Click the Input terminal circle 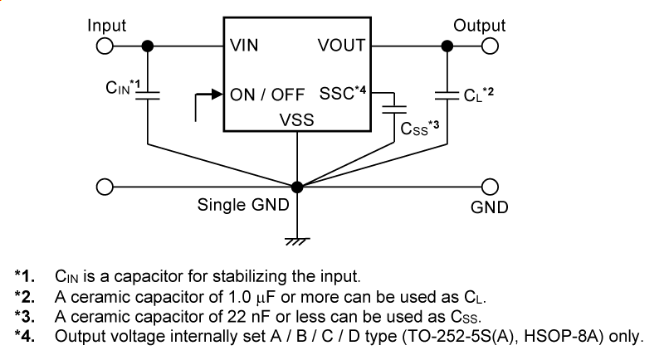point(105,46)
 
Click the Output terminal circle point(491,46)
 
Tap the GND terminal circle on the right point(491,186)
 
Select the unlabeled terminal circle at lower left point(105,186)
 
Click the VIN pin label point(244,46)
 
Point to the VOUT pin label point(341,46)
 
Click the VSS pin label point(296,120)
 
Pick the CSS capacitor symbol point(394,108)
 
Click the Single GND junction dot point(297,186)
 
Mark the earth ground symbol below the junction point(297,240)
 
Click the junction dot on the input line point(148,46)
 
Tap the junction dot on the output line point(447,46)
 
